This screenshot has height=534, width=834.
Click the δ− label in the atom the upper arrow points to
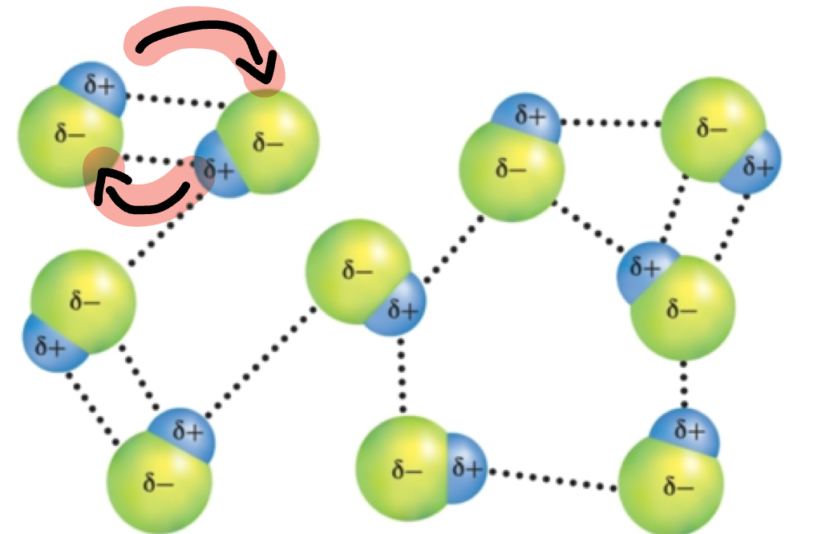point(268,144)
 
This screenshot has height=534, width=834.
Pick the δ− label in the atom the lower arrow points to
point(70,134)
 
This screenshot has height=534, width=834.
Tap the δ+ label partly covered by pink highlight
point(218,170)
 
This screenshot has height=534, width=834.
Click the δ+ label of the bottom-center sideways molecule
point(469,467)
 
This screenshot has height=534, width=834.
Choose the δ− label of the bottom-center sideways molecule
point(407,470)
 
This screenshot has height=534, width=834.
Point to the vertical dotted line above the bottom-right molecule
point(684,386)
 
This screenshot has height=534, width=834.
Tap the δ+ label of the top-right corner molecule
point(757,167)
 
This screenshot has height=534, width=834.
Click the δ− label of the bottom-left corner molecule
point(158,483)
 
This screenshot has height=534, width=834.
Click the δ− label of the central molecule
point(357,269)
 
